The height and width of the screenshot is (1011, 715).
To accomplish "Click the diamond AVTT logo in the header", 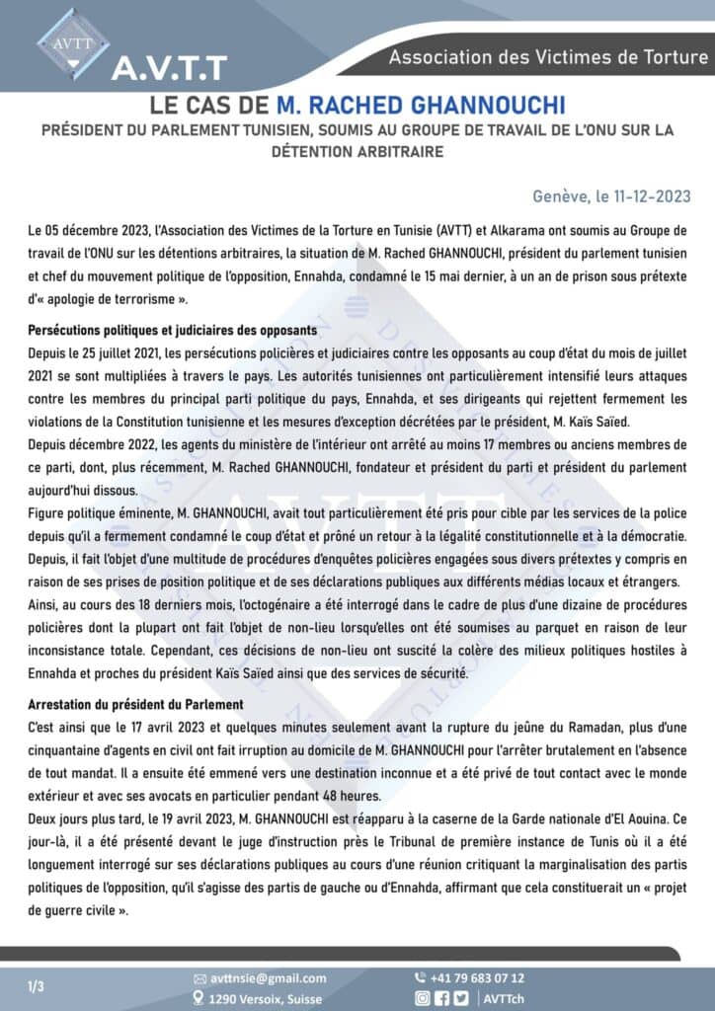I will [x=73, y=42].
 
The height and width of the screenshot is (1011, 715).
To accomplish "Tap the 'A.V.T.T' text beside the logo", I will [x=169, y=67].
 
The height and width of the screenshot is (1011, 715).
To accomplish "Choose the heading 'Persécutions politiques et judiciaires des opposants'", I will [x=173, y=330].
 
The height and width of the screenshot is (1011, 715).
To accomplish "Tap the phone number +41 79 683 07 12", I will [x=478, y=978].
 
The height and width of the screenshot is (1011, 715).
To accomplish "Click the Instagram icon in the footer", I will [x=422, y=998].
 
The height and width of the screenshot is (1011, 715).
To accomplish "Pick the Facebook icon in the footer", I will [x=441, y=998].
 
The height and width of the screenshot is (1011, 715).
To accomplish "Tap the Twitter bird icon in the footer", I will [x=460, y=998].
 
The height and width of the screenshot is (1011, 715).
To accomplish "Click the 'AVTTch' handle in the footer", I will [x=505, y=998].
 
